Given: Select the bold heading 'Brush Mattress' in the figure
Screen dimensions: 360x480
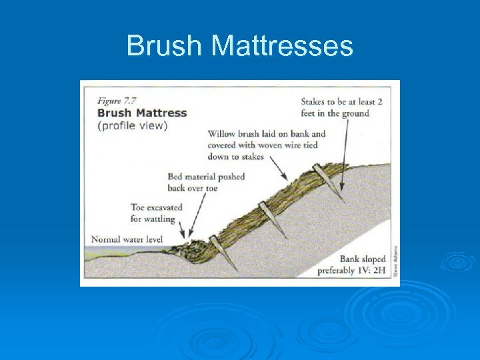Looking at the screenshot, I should pyautogui.click(x=142, y=113).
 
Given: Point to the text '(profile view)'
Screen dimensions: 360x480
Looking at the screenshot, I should pyautogui.click(x=132, y=125).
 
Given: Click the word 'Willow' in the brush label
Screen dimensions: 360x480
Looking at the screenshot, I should pyautogui.click(x=222, y=134).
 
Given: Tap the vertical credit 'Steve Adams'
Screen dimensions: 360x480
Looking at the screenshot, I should pyautogui.click(x=395, y=261).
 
